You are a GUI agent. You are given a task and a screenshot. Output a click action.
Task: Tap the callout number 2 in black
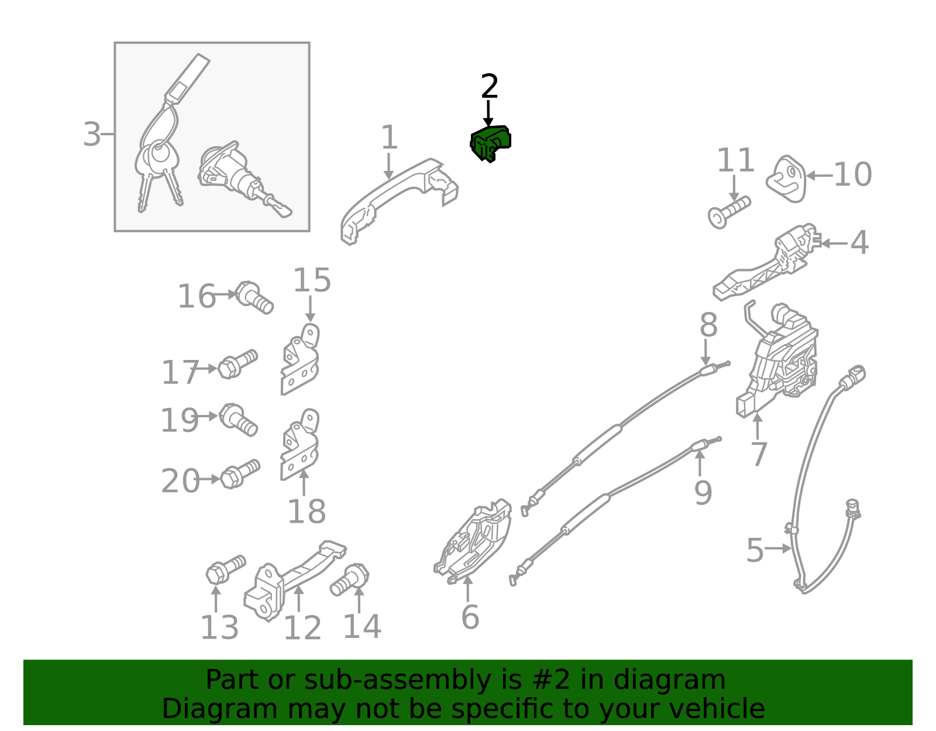point(489,86)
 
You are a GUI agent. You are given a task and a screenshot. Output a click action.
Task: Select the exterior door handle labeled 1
point(398,200)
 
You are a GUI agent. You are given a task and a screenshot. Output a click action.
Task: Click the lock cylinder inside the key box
point(243,179)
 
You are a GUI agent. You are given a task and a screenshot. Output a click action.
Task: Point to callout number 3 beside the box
point(91,135)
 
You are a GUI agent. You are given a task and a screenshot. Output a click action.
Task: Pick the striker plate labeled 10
point(786,179)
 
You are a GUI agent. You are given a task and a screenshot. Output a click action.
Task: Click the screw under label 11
point(729,212)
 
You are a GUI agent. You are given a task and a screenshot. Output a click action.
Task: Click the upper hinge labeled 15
point(300,359)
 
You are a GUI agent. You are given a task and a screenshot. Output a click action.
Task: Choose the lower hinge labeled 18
point(300,445)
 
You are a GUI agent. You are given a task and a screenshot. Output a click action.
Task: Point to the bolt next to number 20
point(240,474)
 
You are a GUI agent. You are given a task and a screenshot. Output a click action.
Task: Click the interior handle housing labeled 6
point(473,541)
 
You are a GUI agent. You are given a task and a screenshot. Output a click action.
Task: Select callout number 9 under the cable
point(703,492)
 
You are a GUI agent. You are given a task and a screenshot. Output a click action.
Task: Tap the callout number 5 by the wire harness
point(755,550)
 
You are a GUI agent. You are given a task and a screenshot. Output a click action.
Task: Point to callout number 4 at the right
point(859,242)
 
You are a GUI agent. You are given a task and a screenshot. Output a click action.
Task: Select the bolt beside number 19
point(238,420)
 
